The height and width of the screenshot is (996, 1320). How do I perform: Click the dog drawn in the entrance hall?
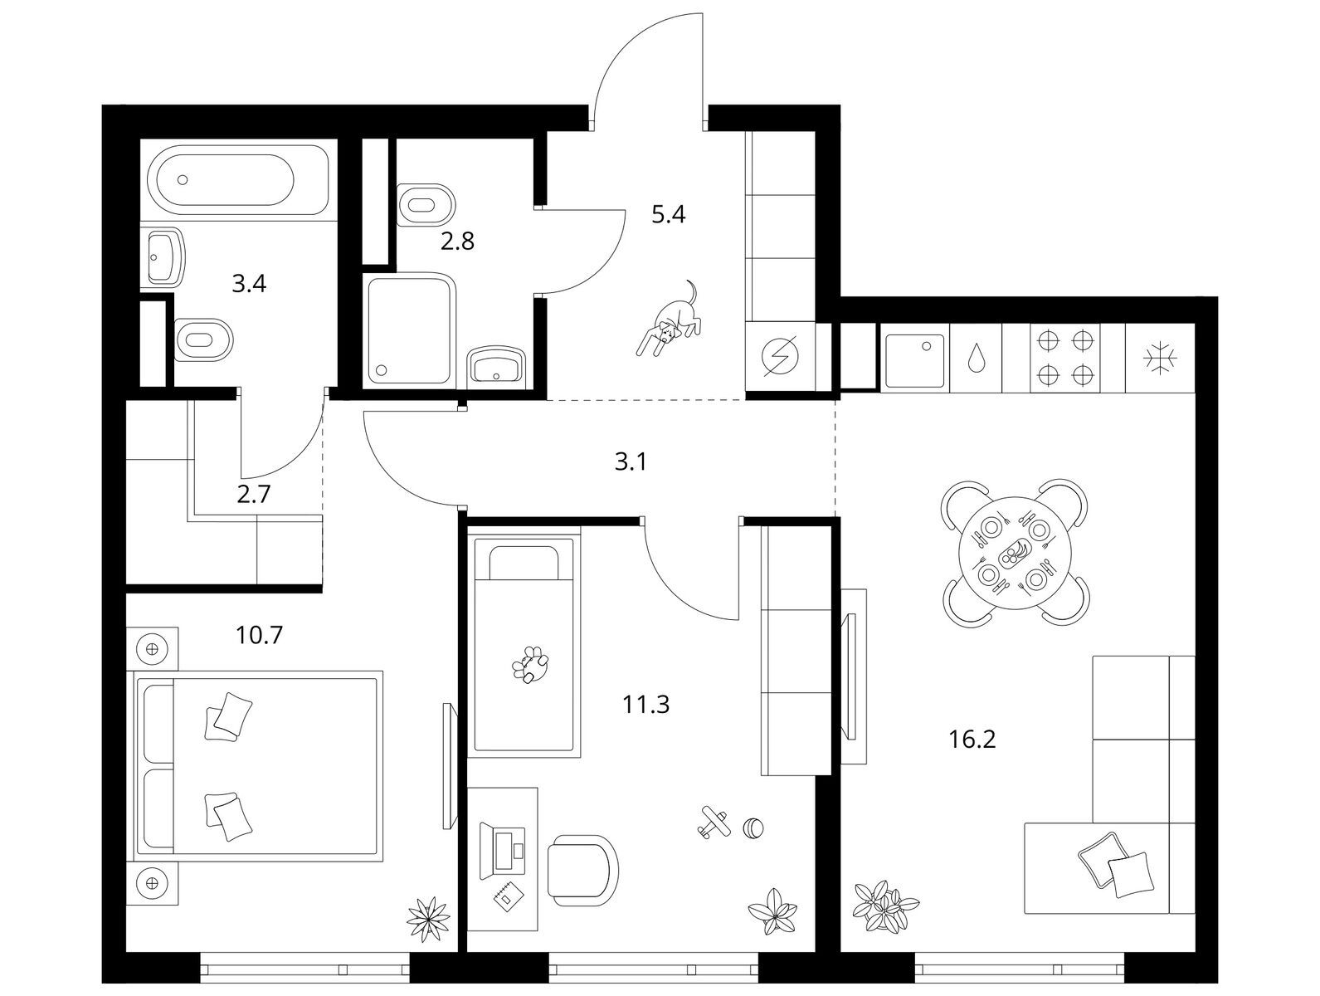[669, 320]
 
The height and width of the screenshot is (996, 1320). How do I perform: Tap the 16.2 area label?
[972, 740]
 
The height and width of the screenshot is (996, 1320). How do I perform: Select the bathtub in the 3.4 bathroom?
[239, 180]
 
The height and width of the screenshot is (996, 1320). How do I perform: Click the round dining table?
[1015, 554]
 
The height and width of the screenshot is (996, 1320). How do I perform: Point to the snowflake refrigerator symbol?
[1159, 359]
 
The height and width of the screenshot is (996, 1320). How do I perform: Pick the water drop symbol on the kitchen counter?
[975, 358]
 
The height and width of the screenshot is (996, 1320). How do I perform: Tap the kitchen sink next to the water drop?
[914, 360]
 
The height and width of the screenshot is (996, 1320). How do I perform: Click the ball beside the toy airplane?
[754, 828]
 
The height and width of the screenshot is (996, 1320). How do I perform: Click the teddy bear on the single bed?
[530, 665]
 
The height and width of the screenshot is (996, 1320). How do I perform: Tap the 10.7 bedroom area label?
[259, 634]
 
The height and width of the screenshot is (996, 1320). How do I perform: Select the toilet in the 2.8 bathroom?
[426, 205]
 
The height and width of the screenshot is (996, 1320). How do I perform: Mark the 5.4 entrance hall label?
[669, 214]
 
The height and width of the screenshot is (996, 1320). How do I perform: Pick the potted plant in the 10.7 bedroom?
[428, 920]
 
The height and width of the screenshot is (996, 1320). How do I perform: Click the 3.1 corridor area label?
[631, 462]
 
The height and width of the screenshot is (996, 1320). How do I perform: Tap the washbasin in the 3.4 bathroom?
[163, 258]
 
